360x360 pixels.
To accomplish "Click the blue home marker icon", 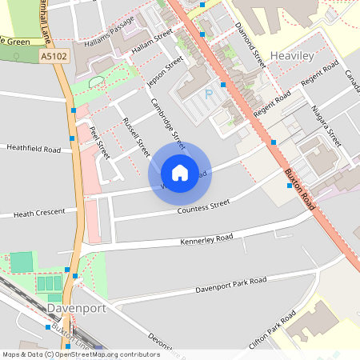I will pyautogui.click(x=180, y=172).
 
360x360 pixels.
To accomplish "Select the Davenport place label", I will pyautogui.click(x=77, y=307).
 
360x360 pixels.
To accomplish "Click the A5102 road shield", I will pyautogui.click(x=53, y=57).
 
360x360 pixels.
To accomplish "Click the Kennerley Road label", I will pyautogui.click(x=206, y=239).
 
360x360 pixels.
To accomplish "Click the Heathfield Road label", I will pyautogui.click(x=33, y=149).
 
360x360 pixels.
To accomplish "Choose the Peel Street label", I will pyautogui.click(x=99, y=142).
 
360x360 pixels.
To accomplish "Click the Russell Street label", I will pyautogui.click(x=136, y=136).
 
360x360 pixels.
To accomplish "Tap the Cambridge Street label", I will pyautogui.click(x=168, y=124).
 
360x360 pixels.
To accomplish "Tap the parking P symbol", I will pyautogui.click(x=210, y=94).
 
